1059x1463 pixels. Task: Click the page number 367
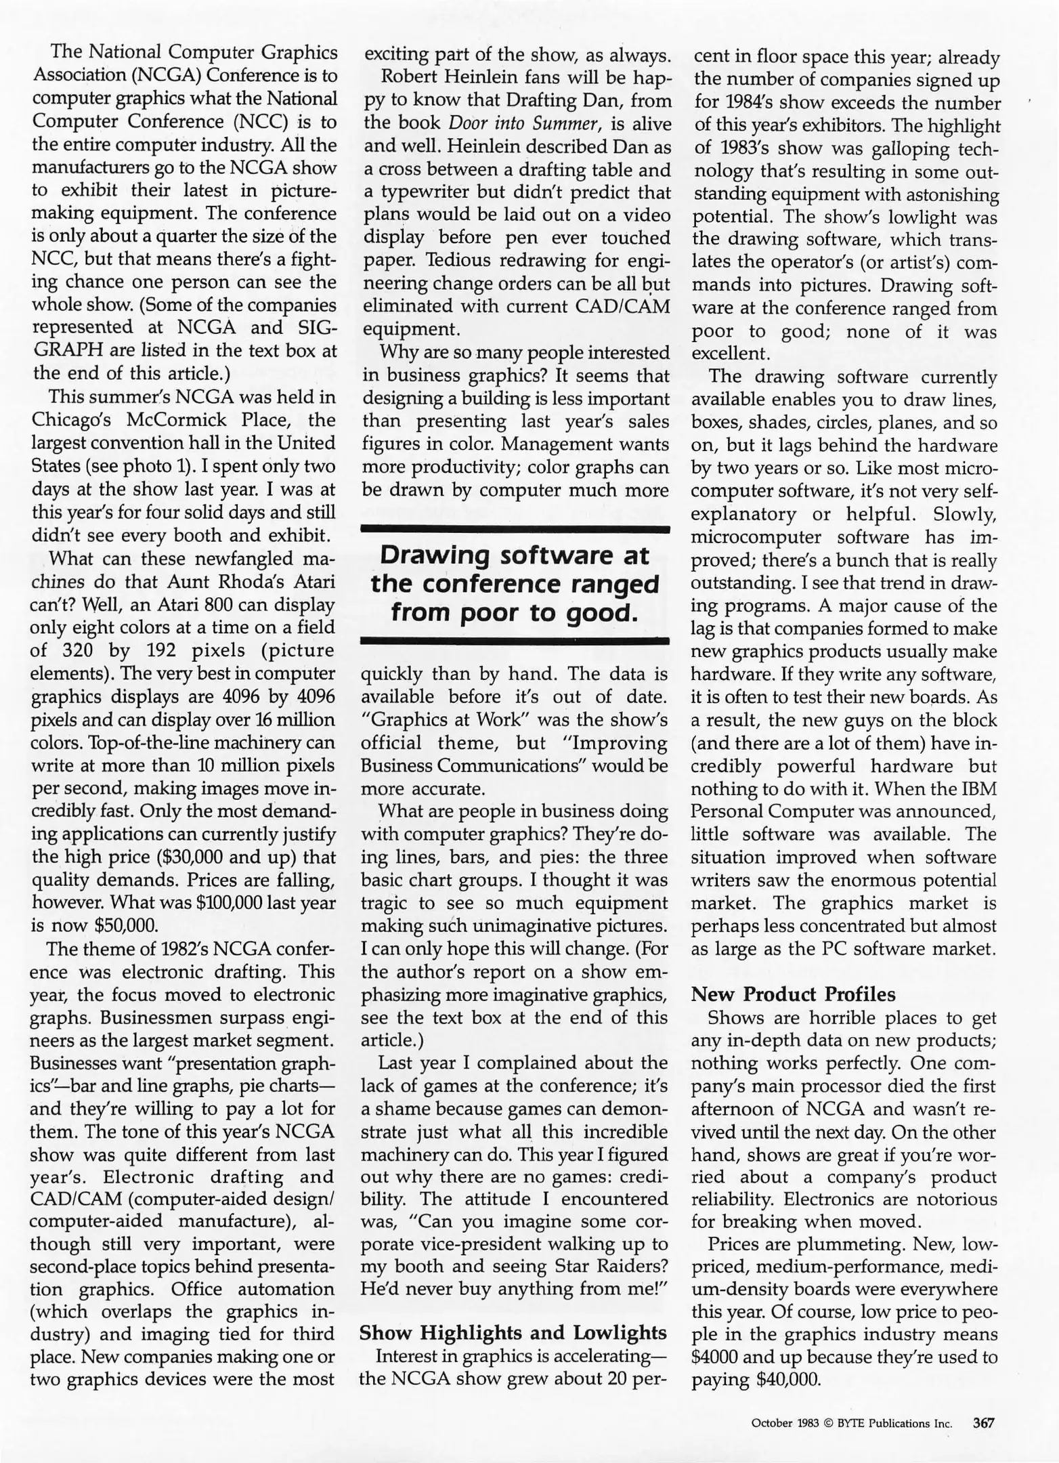click(984, 1423)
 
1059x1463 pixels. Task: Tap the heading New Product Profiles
click(793, 994)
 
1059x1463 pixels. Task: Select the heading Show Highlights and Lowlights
click(513, 1333)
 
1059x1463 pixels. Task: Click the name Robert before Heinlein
click(410, 79)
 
